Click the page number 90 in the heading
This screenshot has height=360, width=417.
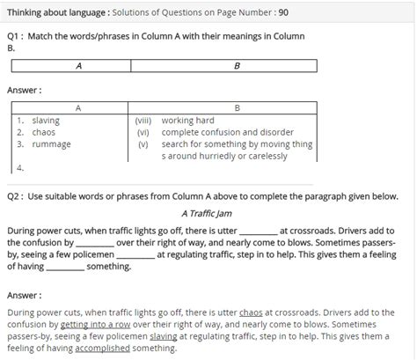pos(282,12)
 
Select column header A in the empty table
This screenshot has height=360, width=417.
pos(79,65)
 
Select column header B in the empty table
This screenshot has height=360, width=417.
pos(237,65)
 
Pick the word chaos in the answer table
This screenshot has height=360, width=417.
pos(44,133)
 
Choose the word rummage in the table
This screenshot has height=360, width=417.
pos(51,144)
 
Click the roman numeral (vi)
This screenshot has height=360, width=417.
pos(144,133)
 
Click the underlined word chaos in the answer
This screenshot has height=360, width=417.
pos(251,312)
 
